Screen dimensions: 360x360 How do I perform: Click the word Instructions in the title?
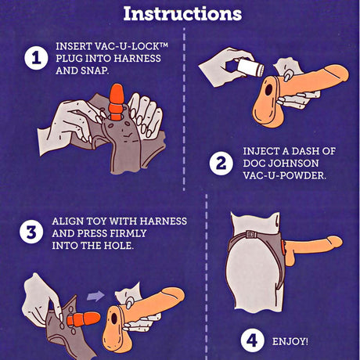pos(182,13)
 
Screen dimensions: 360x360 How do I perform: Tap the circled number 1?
pos(36,58)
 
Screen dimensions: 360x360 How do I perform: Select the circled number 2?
pos(221,164)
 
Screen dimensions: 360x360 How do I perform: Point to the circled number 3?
pos(31,232)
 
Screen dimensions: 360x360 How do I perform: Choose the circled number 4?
pos(252,340)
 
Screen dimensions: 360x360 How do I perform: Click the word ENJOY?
pos(290,341)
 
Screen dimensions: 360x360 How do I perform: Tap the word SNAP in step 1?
pos(95,70)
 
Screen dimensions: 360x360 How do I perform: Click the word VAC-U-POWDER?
pos(285,175)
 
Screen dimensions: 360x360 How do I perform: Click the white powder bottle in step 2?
pos(251,67)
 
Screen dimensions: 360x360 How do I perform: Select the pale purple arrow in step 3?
pos(95,296)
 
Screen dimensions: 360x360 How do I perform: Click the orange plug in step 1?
pos(116,102)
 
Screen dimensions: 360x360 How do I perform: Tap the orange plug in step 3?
pos(84,319)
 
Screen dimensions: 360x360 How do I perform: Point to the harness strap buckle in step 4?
pos(251,234)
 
